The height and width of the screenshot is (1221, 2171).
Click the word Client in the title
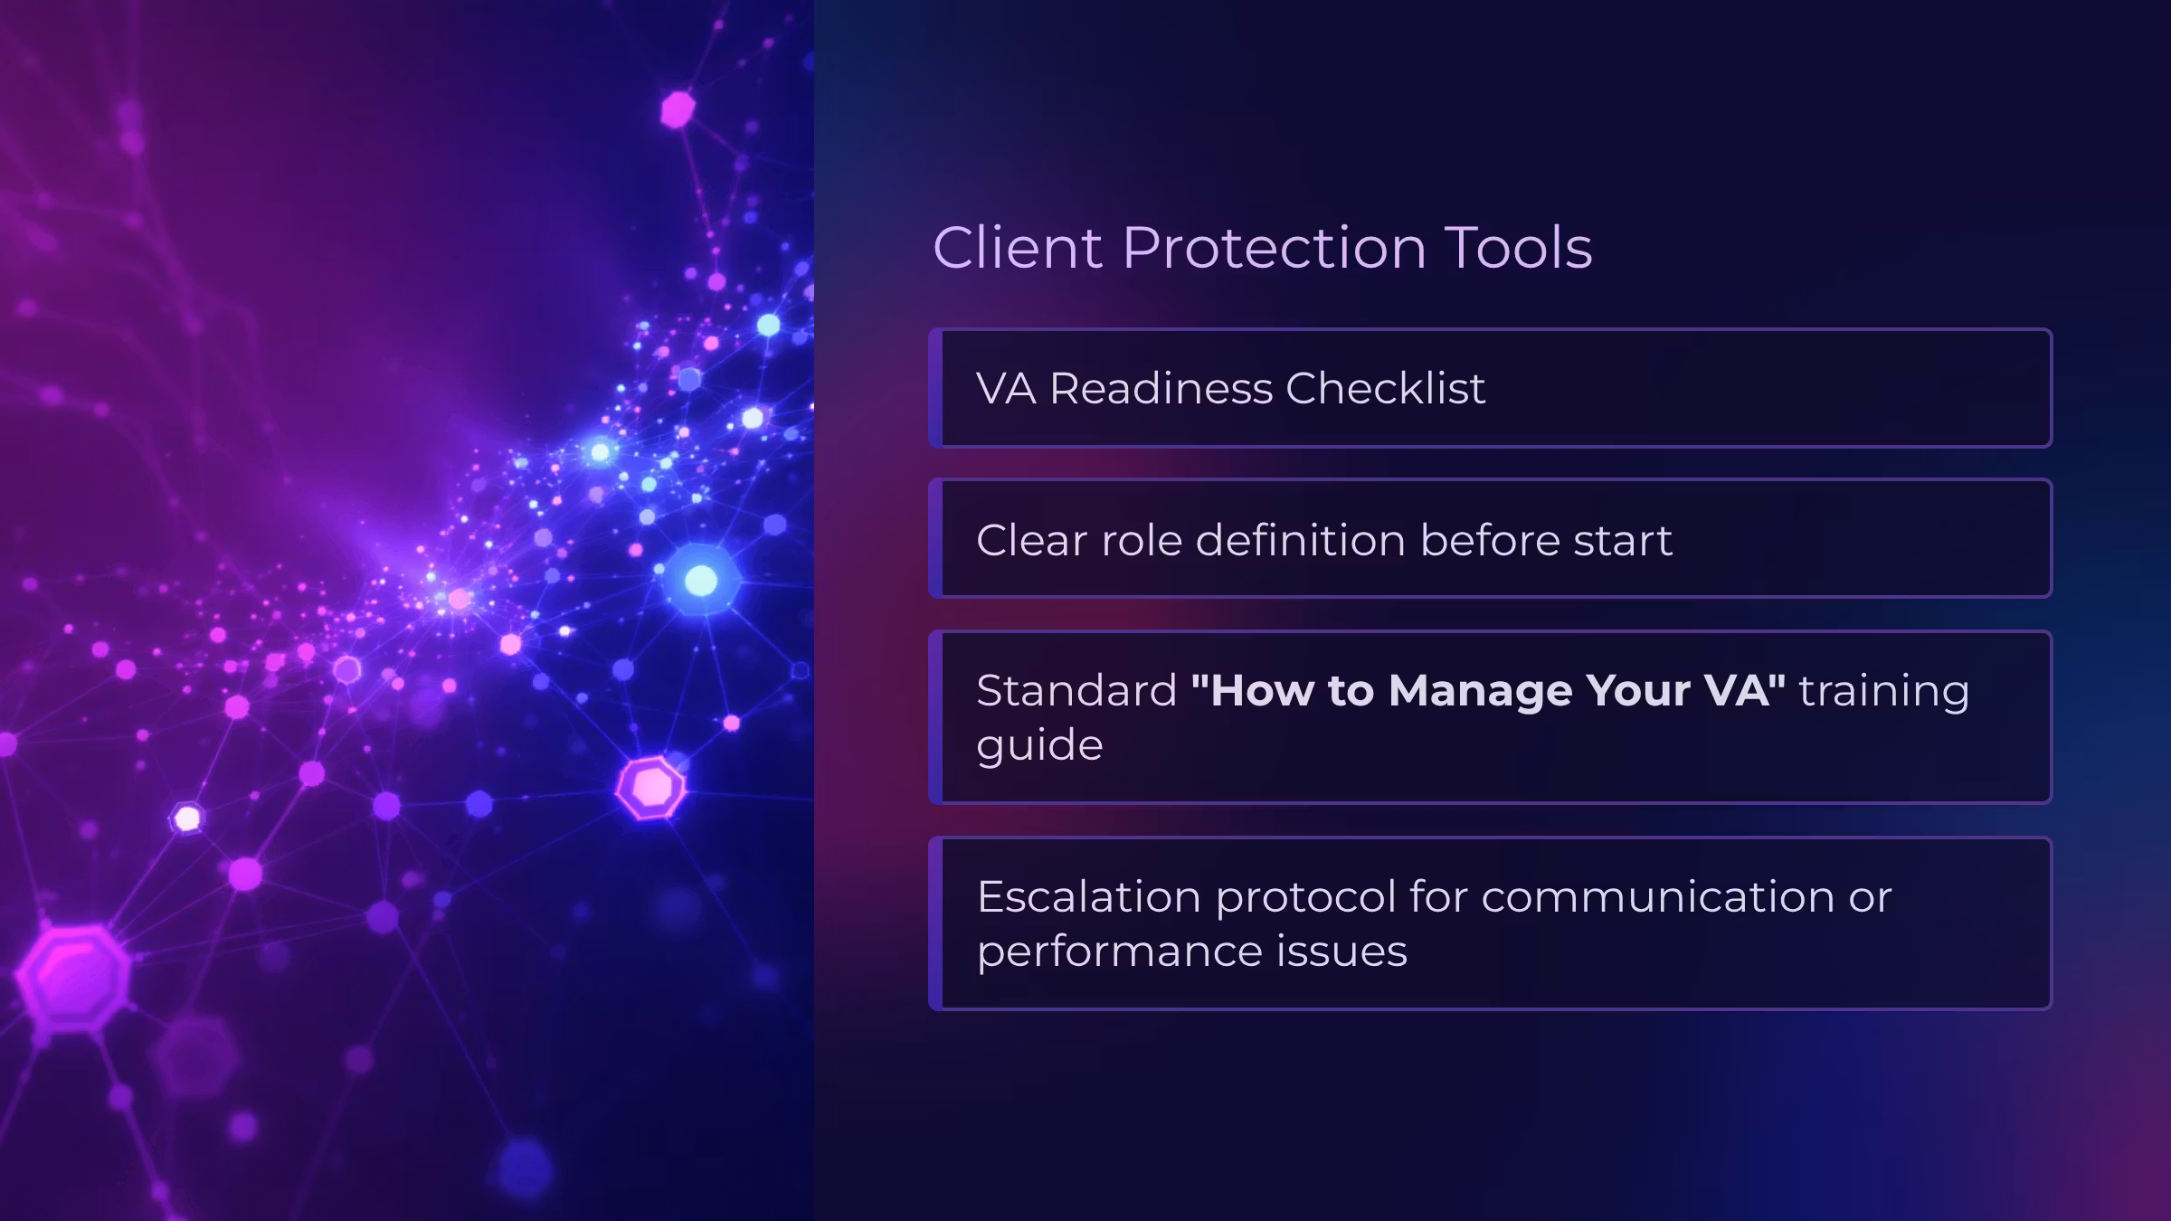[1018, 247]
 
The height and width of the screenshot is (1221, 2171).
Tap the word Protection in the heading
[1275, 247]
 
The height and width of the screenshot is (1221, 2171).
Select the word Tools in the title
[1519, 247]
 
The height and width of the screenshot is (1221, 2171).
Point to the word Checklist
[1386, 388]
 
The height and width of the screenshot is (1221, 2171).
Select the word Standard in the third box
[1076, 690]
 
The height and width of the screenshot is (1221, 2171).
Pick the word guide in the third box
[1040, 746]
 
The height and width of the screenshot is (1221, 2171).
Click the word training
[1884, 692]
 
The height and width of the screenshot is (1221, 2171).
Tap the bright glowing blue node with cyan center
[701, 580]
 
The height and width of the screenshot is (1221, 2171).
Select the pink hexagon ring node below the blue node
[650, 788]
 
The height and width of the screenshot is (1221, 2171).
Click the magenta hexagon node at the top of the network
[678, 109]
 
